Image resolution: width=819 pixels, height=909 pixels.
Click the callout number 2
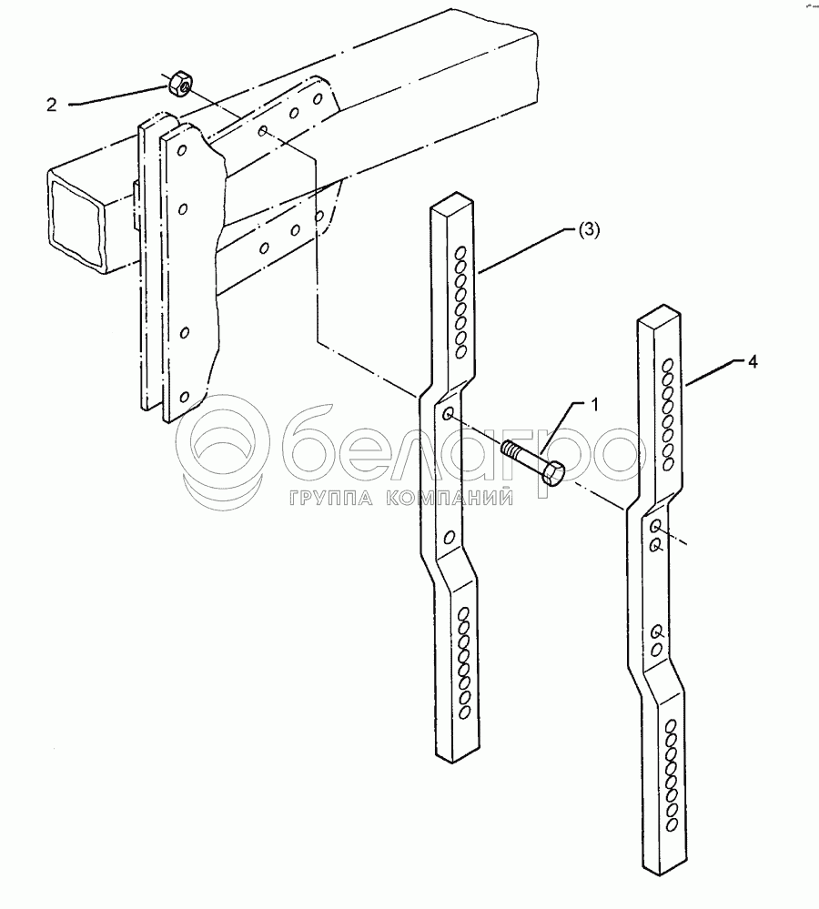pos(52,105)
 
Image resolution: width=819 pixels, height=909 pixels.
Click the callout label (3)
pos(588,230)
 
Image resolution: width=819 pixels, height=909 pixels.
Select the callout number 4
pos(752,361)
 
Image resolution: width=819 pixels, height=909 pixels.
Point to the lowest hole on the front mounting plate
pos(184,397)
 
